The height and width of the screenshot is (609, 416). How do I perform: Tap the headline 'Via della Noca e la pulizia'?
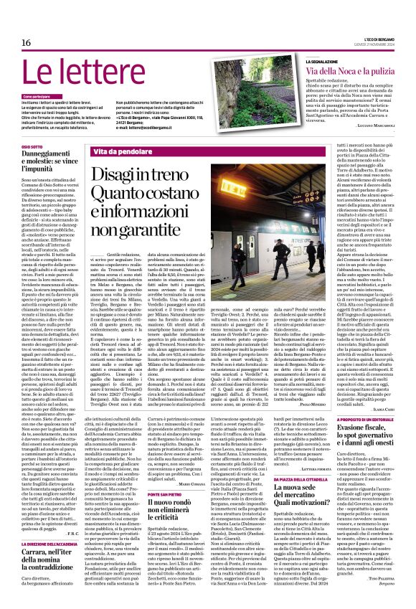(351, 72)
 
